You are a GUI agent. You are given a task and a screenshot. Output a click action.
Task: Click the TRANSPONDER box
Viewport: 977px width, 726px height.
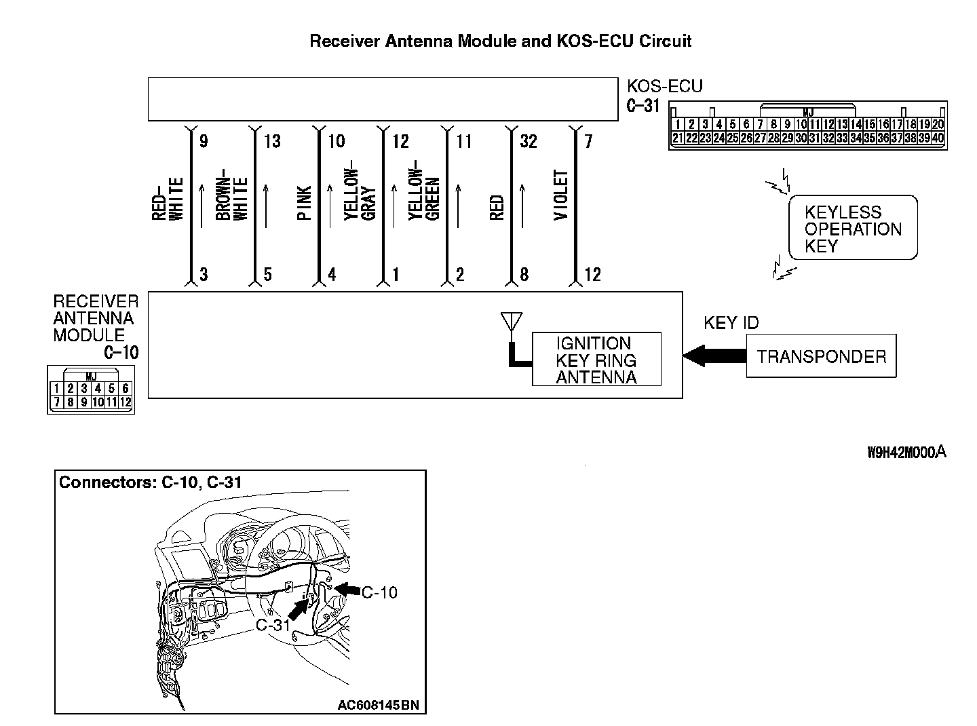(x=821, y=356)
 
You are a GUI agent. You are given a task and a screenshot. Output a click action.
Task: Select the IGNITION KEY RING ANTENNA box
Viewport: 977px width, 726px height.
(x=596, y=360)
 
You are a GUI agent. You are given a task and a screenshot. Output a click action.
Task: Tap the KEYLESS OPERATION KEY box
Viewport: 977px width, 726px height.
(x=853, y=229)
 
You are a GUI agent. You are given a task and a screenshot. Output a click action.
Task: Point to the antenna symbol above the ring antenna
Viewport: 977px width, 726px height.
(x=511, y=322)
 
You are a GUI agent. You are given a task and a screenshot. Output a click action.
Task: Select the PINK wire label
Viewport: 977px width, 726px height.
(x=305, y=203)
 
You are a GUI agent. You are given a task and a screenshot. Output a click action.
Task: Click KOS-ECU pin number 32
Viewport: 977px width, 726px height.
(x=528, y=141)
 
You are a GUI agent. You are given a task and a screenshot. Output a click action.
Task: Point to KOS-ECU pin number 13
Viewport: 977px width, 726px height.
(x=271, y=141)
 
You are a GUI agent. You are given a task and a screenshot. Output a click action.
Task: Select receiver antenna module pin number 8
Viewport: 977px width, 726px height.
(x=524, y=275)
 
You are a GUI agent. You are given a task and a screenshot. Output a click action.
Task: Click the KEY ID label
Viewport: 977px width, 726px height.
(x=731, y=323)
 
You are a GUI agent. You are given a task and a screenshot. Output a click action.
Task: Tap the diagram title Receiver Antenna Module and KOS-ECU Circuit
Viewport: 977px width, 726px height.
(x=500, y=41)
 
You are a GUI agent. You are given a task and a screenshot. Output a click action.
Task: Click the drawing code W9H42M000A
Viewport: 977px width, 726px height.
(x=906, y=453)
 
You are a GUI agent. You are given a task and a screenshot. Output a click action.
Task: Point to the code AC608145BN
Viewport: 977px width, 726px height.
(x=378, y=705)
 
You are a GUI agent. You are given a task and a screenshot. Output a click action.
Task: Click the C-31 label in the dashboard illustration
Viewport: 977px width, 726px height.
(x=273, y=625)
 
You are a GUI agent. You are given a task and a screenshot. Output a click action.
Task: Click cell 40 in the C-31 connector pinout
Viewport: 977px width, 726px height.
(x=938, y=138)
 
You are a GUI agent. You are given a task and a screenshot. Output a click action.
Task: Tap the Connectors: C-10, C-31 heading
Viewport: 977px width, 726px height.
(x=151, y=482)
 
